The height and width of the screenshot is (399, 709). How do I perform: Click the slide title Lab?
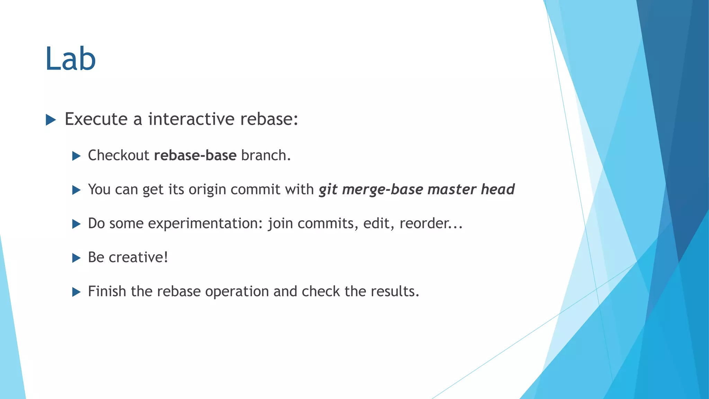[70, 59]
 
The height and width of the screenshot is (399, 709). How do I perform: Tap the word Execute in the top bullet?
[96, 119]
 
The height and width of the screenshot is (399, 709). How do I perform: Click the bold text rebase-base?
[195, 156]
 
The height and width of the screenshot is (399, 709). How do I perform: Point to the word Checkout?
[118, 156]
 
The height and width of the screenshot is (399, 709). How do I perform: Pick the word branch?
[266, 156]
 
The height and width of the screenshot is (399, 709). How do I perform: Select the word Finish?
[107, 291]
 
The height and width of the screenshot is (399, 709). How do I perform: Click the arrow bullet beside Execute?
[51, 120]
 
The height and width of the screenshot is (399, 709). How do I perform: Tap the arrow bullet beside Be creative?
[76, 258]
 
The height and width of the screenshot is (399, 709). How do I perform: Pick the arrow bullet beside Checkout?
[76, 156]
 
